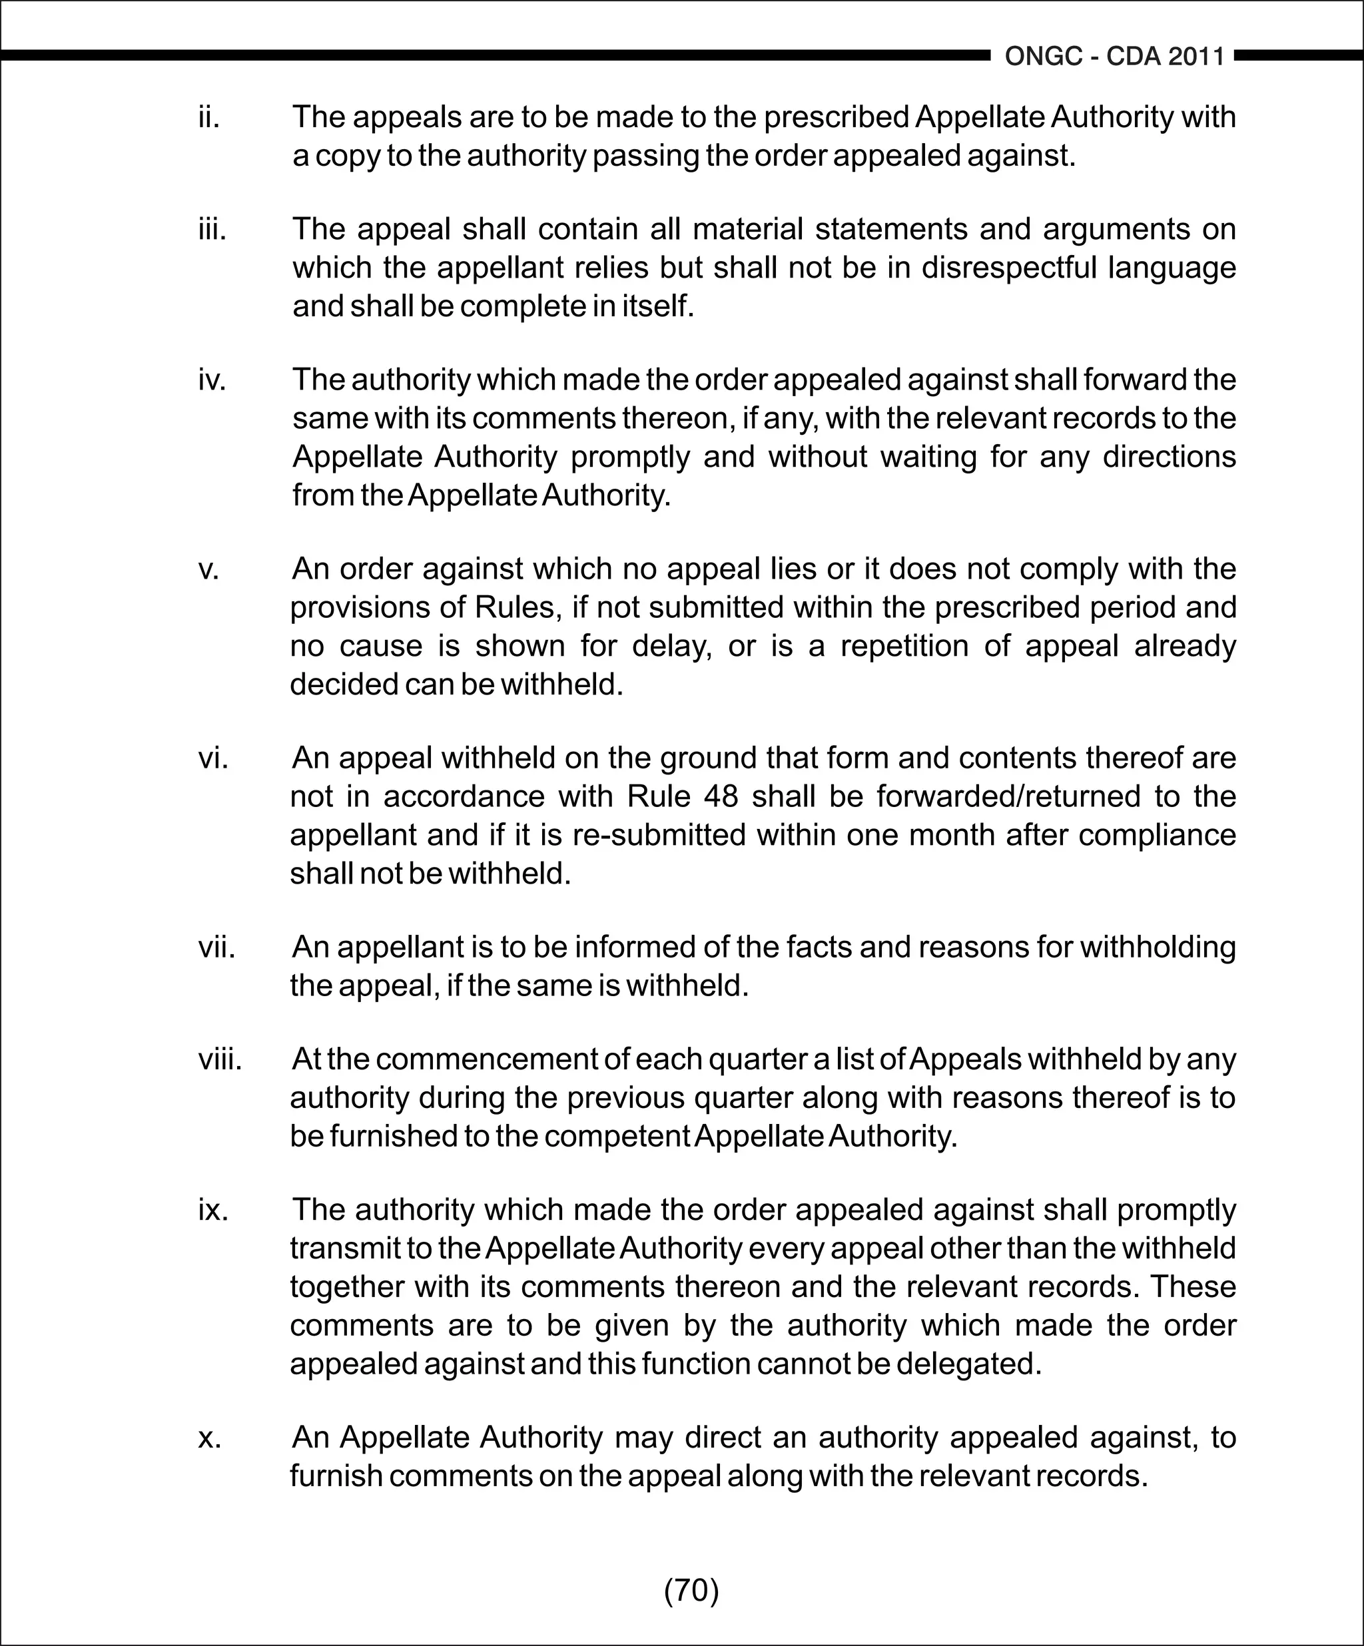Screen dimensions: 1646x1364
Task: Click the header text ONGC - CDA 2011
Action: click(1114, 57)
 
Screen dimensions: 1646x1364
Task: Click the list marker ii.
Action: click(208, 118)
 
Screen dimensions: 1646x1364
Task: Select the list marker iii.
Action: click(212, 230)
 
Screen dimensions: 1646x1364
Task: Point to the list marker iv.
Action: click(212, 380)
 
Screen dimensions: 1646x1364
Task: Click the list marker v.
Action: click(208, 569)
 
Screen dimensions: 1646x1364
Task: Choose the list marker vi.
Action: click(212, 758)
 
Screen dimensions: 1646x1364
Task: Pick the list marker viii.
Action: click(220, 1059)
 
